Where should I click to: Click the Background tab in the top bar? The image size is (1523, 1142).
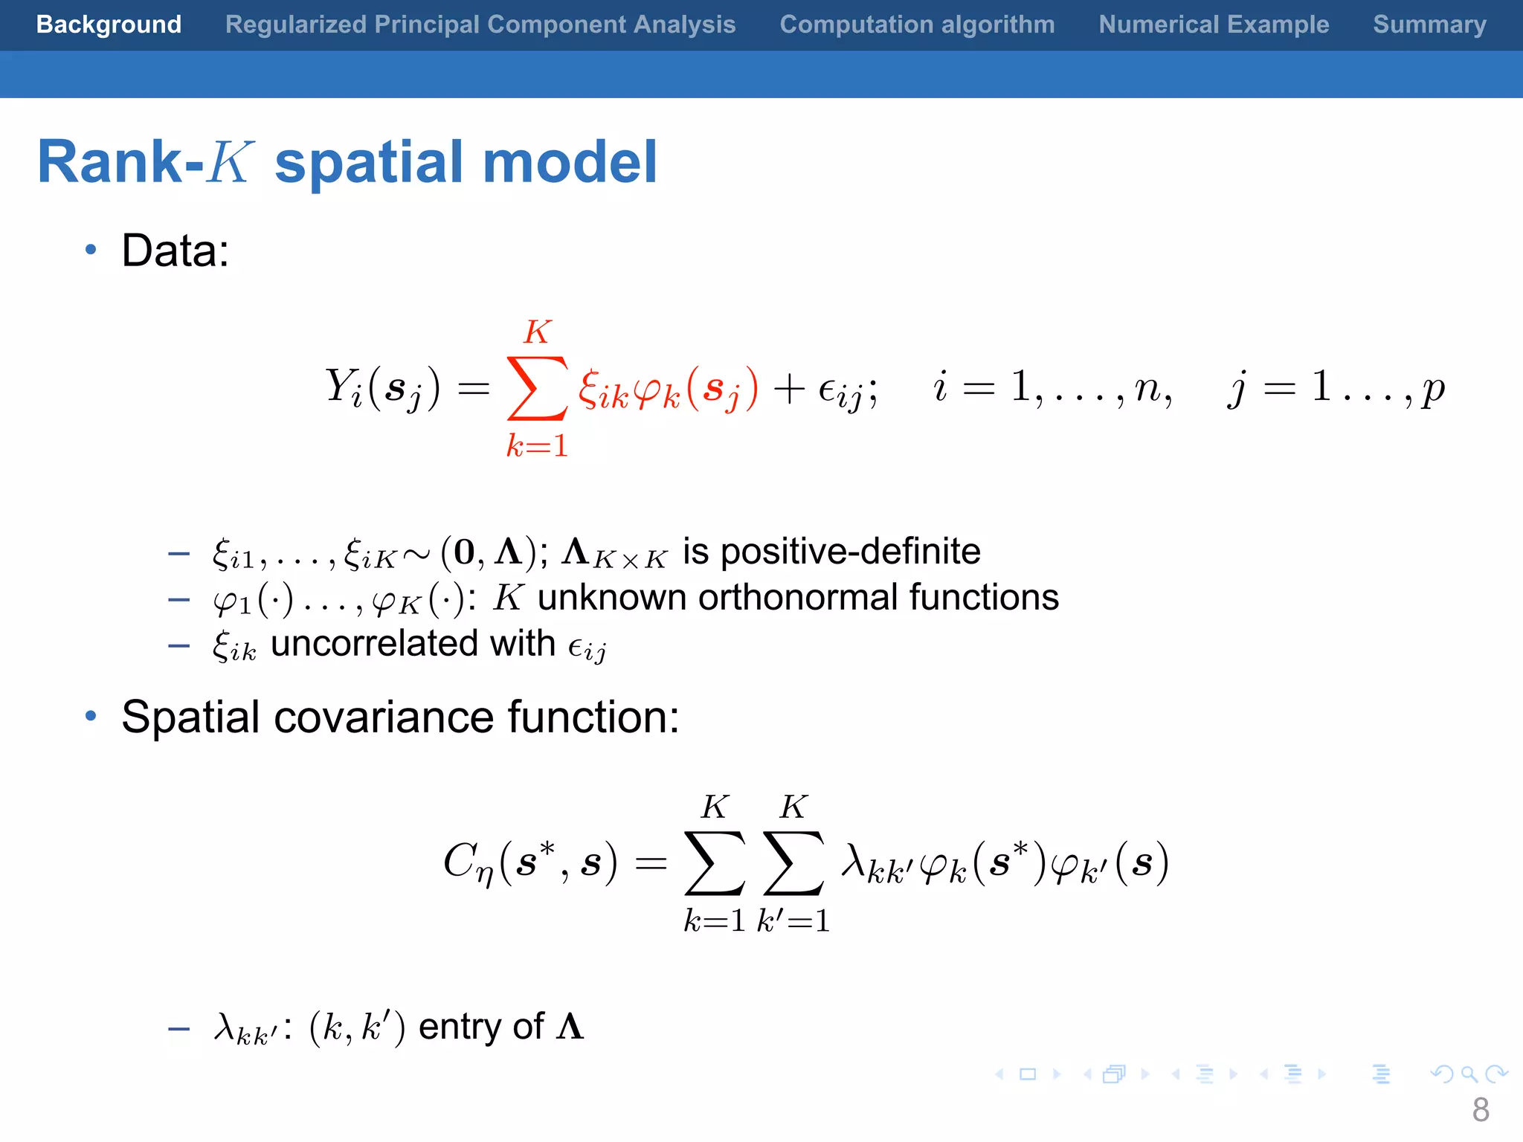(109, 25)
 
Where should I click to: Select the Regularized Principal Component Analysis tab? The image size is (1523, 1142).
(480, 25)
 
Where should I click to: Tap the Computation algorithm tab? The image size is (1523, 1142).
(917, 25)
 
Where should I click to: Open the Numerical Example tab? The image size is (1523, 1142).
(1214, 25)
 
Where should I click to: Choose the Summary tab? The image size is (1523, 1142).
(1429, 25)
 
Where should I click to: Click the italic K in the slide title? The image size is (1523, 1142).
(229, 162)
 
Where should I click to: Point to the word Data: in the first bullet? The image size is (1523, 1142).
(176, 251)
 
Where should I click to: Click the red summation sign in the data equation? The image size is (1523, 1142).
(536, 388)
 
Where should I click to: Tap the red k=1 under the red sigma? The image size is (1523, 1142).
(537, 446)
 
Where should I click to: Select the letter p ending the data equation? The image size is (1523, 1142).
(1432, 390)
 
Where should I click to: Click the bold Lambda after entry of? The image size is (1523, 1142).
(570, 1027)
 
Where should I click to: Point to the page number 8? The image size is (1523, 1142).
(1480, 1110)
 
